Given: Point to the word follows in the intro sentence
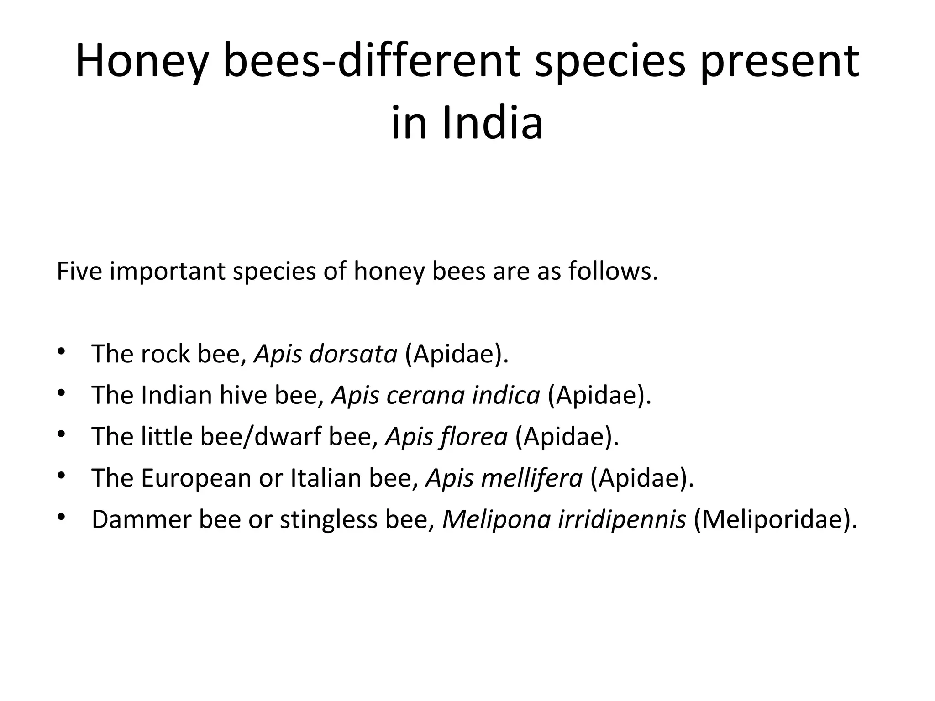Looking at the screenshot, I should pyautogui.click(x=613, y=271).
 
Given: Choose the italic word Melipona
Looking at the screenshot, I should pyautogui.click(x=496, y=520).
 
